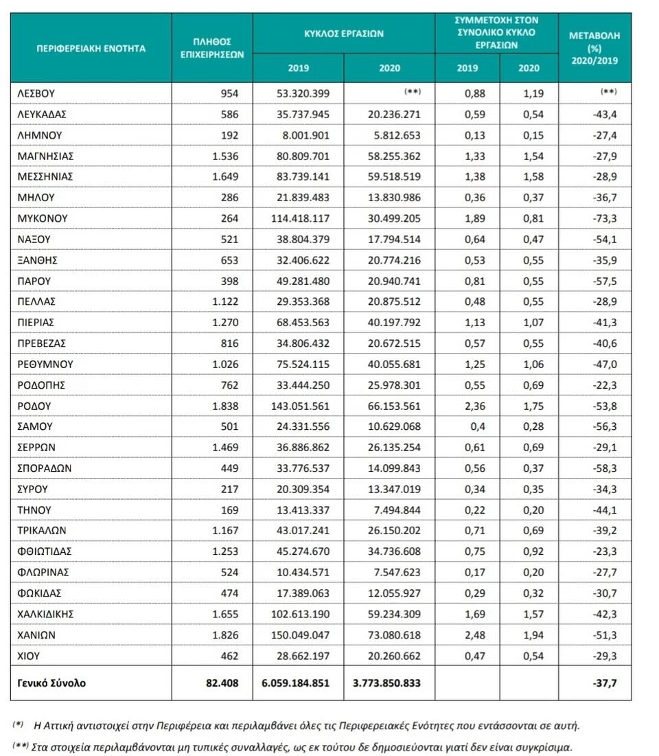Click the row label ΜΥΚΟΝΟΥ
tap(43, 218)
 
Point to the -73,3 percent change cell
tap(604, 218)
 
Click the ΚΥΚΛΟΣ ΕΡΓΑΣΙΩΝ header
tap(343, 32)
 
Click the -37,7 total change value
tap(604, 683)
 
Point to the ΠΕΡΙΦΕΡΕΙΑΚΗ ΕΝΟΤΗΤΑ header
tap(91, 49)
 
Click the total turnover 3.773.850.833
tap(383, 683)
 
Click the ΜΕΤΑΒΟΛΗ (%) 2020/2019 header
tap(594, 49)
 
